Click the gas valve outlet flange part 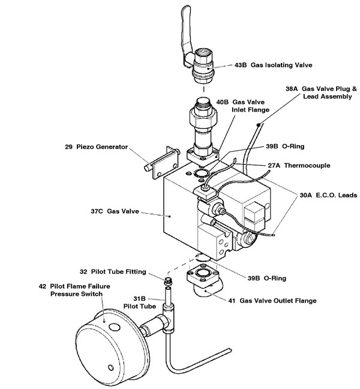[x=208, y=282]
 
